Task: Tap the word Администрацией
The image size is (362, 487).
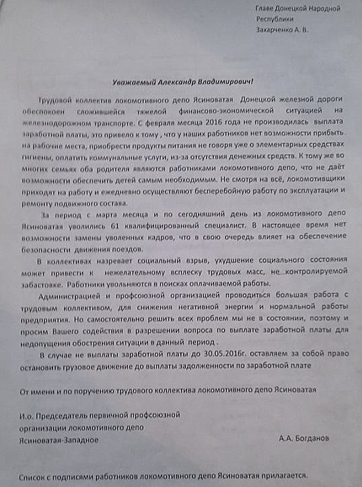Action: (75, 297)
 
